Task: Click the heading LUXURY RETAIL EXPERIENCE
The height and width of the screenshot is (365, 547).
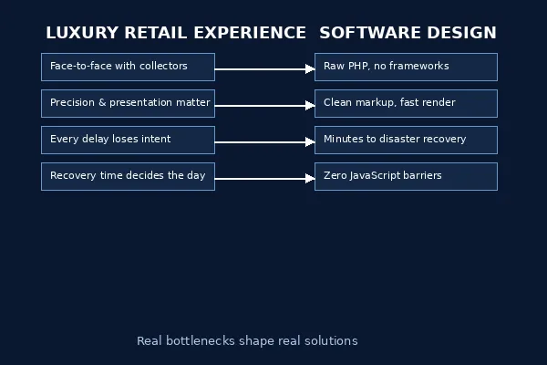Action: pos(176,33)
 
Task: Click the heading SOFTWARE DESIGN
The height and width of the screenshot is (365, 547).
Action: pos(408,33)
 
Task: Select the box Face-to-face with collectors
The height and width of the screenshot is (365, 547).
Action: pos(128,67)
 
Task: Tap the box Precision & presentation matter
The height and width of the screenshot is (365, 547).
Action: pos(128,103)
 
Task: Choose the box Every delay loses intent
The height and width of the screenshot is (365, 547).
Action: pos(128,140)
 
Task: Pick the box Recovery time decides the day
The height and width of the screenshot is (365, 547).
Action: pos(128,176)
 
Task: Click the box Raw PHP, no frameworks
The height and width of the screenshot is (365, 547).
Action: pos(406,67)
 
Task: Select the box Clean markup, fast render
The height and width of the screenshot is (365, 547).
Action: pos(406,103)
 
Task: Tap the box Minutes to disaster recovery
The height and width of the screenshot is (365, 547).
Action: pos(406,140)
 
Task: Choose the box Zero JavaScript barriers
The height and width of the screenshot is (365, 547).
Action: pos(406,176)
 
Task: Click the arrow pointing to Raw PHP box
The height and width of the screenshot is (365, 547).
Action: pos(264,68)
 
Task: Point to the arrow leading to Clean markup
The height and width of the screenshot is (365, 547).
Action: pos(264,105)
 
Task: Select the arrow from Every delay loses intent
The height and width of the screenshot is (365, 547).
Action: pos(264,141)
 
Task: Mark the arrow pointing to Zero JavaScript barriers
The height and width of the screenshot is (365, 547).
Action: pos(264,178)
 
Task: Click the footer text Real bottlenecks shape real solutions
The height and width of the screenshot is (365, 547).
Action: pos(247,341)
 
